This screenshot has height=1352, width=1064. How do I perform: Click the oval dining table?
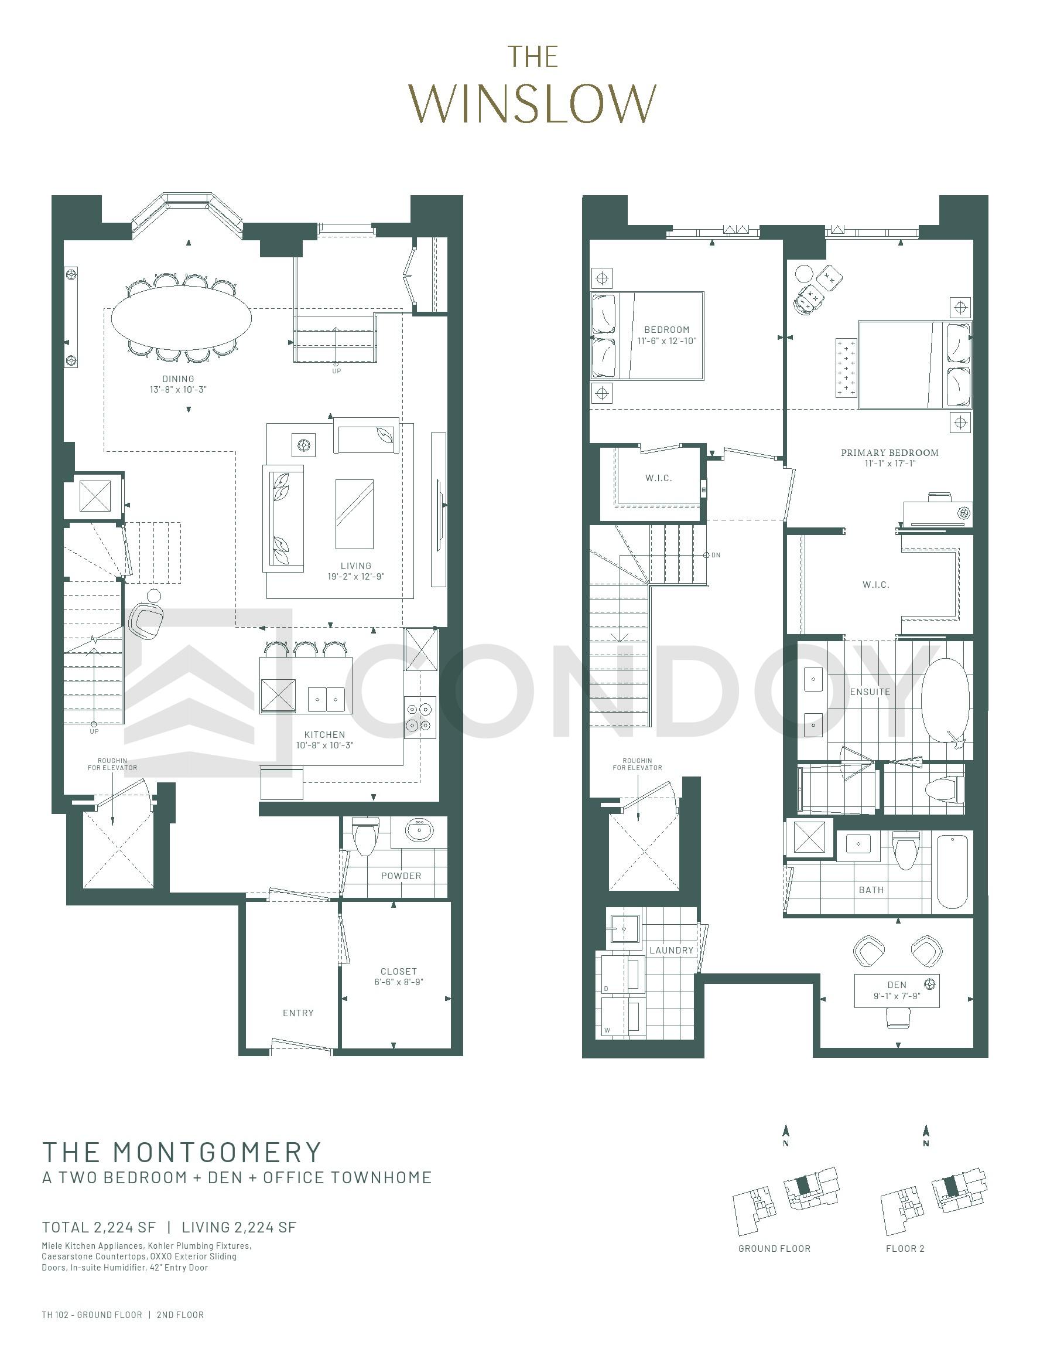(x=182, y=318)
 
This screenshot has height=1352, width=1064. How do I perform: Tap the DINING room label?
(x=178, y=379)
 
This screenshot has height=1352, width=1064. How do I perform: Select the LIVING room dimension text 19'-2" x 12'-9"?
(x=357, y=577)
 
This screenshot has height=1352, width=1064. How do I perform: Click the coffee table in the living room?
(x=354, y=513)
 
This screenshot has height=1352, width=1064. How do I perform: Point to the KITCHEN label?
(x=324, y=735)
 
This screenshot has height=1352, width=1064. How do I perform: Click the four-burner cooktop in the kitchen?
(x=419, y=717)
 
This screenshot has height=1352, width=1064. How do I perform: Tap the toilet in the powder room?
(x=364, y=836)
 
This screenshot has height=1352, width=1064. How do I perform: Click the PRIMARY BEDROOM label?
(x=889, y=452)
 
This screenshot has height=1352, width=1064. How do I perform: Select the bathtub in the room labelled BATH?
(x=953, y=872)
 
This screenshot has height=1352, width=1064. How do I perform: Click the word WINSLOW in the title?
(x=533, y=104)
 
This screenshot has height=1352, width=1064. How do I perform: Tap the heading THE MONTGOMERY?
(x=182, y=1152)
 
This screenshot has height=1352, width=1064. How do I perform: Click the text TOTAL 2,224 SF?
(x=99, y=1227)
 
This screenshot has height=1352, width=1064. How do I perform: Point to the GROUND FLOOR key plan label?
(x=774, y=1248)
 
